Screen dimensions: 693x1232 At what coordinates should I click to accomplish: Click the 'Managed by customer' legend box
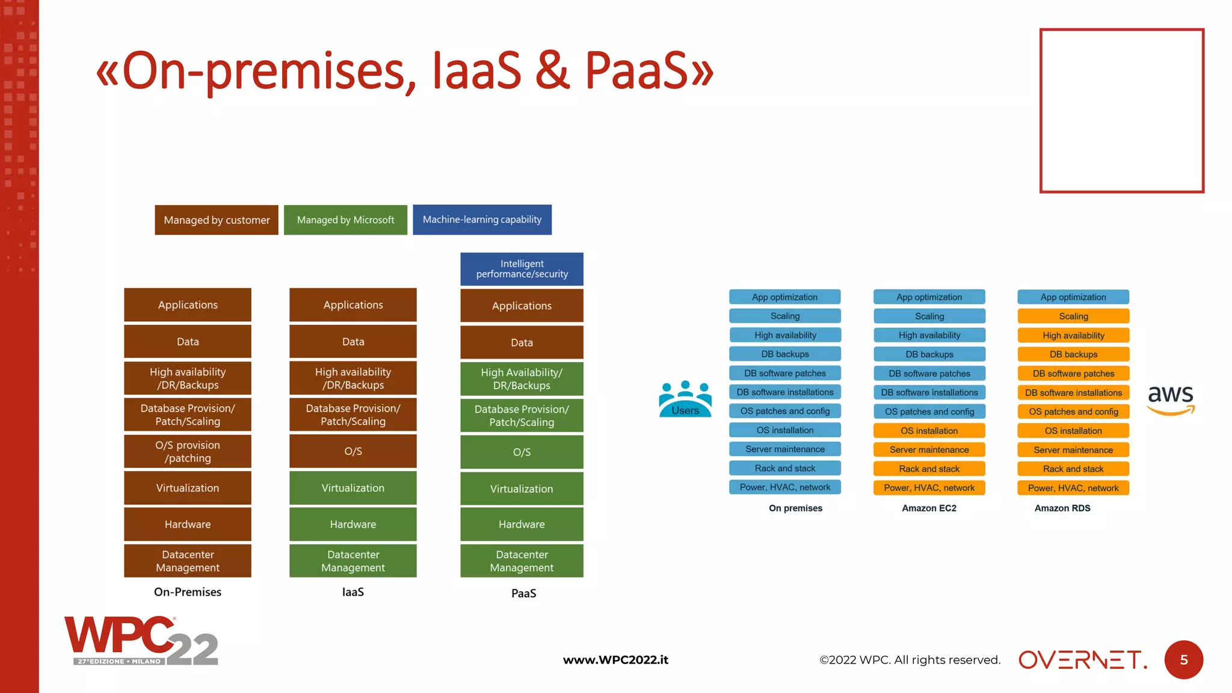pyautogui.click(x=217, y=220)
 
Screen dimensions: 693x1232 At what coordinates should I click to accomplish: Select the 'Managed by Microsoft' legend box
pyautogui.click(x=345, y=220)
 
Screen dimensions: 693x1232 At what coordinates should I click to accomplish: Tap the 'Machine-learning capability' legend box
pyautogui.click(x=482, y=220)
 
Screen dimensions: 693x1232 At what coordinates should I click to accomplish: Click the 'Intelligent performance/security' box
pyautogui.click(x=522, y=269)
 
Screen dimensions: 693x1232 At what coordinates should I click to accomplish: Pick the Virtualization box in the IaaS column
pyautogui.click(x=353, y=488)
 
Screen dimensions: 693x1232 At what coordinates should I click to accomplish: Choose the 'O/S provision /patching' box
pyautogui.click(x=188, y=452)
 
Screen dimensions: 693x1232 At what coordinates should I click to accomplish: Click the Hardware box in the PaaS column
pyautogui.click(x=522, y=525)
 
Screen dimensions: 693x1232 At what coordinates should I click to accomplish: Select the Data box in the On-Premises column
pyautogui.click(x=188, y=342)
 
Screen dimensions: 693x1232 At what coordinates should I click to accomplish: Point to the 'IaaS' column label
pyautogui.click(x=353, y=592)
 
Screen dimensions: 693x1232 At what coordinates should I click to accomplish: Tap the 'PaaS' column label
pyautogui.click(x=523, y=593)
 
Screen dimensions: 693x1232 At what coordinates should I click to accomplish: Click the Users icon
pyautogui.click(x=685, y=399)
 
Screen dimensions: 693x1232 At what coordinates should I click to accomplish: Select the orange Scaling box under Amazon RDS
pyautogui.click(x=1073, y=316)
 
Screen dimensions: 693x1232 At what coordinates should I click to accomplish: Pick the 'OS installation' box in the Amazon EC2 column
pyautogui.click(x=929, y=431)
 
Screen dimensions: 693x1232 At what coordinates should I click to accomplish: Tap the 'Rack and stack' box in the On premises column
pyautogui.click(x=785, y=469)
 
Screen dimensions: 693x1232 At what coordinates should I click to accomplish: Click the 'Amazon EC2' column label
pyautogui.click(x=929, y=508)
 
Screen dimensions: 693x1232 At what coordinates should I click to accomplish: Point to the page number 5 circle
pyautogui.click(x=1183, y=660)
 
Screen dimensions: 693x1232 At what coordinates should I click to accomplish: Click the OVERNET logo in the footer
pyautogui.click(x=1082, y=660)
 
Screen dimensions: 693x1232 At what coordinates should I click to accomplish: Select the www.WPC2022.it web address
pyautogui.click(x=615, y=660)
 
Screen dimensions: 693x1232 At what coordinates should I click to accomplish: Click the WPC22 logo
pyautogui.click(x=141, y=641)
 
